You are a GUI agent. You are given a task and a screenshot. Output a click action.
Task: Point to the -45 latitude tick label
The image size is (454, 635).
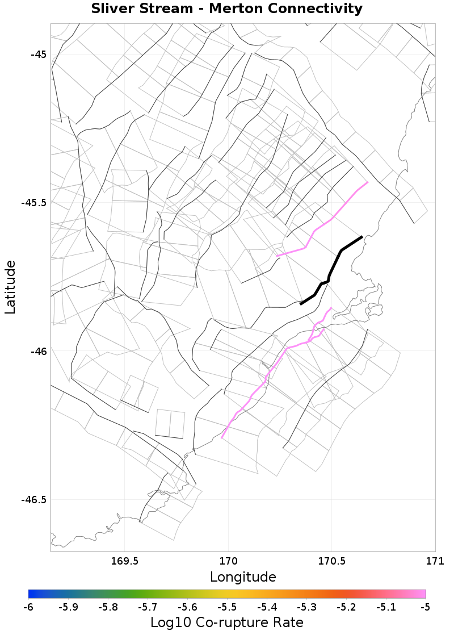click(x=39, y=55)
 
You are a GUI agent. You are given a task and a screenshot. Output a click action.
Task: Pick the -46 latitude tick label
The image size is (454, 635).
click(x=39, y=351)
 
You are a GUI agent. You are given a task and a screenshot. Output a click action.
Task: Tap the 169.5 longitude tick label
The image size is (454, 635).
click(x=124, y=561)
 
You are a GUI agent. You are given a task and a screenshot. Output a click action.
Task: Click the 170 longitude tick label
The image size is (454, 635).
click(x=228, y=561)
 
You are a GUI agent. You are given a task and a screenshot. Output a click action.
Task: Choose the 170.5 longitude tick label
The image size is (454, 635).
click(x=331, y=561)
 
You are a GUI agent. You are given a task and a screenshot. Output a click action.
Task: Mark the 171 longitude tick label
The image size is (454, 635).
click(x=435, y=561)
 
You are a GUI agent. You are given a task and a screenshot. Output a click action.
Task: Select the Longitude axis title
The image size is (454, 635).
click(x=243, y=577)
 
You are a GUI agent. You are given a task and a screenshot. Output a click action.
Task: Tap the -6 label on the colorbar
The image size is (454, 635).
click(x=28, y=607)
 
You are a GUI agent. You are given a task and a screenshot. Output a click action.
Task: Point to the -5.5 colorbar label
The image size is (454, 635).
click(x=227, y=607)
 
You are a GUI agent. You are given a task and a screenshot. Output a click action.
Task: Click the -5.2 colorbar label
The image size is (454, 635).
click(x=346, y=607)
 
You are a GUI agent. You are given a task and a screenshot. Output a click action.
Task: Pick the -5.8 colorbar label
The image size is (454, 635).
click(x=108, y=607)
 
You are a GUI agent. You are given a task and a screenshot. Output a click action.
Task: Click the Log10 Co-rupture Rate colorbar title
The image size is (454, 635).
click(x=227, y=623)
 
